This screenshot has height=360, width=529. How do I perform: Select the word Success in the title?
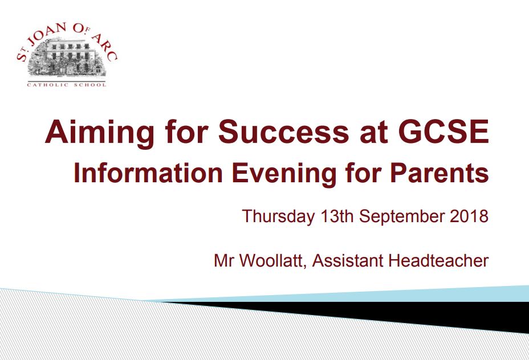click(x=283, y=131)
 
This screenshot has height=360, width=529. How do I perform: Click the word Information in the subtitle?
click(x=148, y=173)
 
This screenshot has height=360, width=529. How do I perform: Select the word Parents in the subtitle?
click(x=440, y=173)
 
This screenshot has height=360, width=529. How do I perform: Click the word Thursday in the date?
click(x=278, y=216)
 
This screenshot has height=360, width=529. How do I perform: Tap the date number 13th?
click(x=337, y=216)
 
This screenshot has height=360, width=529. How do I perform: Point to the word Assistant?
click(x=348, y=260)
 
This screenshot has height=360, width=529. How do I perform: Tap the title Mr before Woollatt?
click(x=223, y=260)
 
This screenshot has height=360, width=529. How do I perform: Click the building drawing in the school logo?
click(x=67, y=58)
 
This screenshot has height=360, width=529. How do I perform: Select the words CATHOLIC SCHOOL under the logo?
click(x=67, y=85)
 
